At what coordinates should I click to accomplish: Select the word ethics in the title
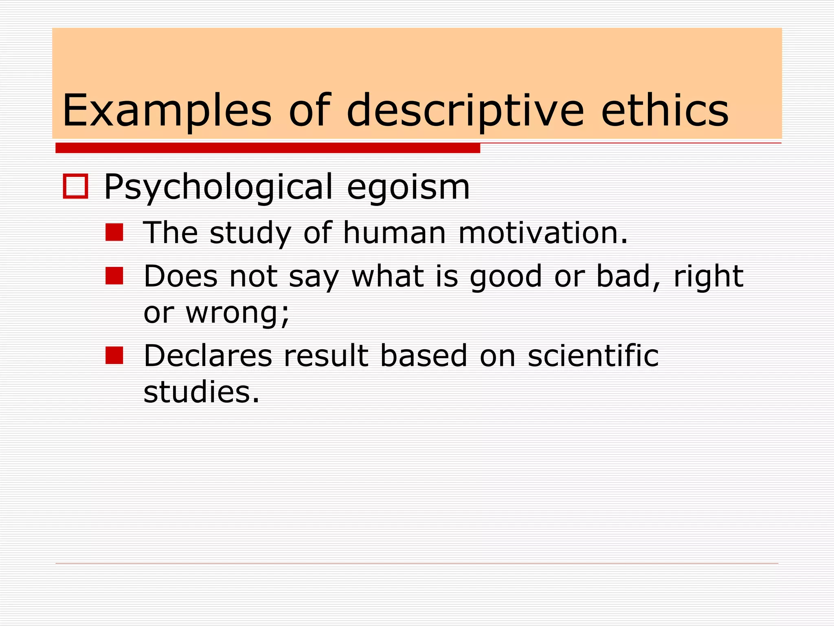665,110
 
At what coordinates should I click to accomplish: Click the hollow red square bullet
76,187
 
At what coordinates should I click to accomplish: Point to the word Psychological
218,187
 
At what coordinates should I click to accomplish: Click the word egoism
408,187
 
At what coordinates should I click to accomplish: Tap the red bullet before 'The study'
114,232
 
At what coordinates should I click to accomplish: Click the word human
394,233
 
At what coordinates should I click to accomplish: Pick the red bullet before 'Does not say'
114,276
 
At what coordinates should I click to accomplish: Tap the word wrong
237,313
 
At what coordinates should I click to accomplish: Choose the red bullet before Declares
114,355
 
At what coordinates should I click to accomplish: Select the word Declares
208,356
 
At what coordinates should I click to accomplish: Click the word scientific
593,356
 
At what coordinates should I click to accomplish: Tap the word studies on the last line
201,392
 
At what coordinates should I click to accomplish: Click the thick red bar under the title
268,148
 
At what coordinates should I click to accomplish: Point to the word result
326,356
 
